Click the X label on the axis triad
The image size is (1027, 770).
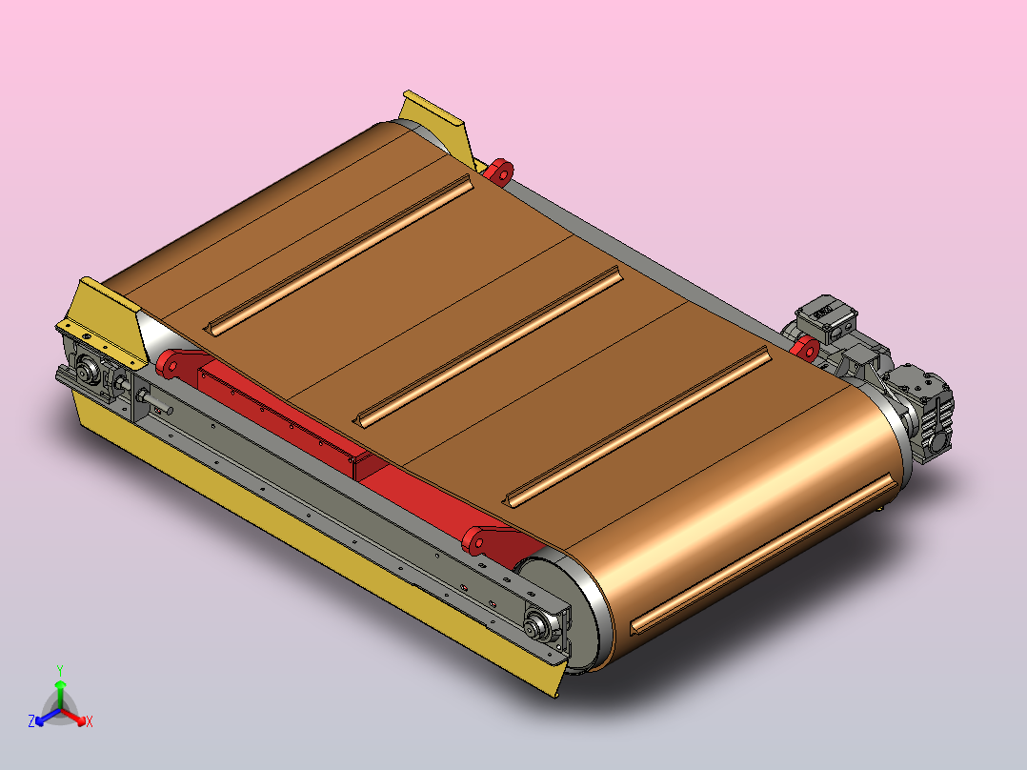click(89, 722)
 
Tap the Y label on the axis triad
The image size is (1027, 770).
click(60, 669)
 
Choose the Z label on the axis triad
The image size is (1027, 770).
click(31, 722)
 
